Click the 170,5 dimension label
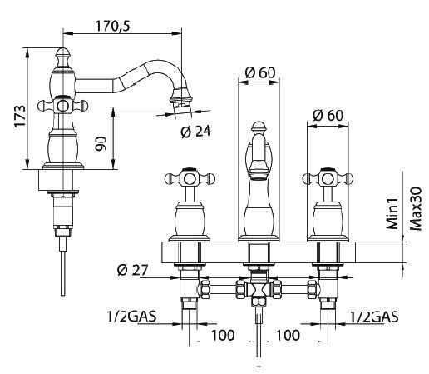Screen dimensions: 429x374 (113, 27)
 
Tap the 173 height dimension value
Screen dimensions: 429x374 (20, 116)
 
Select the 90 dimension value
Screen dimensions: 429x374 (101, 144)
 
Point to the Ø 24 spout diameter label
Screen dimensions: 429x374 (195, 132)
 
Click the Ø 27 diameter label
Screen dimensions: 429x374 (132, 270)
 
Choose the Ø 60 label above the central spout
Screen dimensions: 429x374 (260, 72)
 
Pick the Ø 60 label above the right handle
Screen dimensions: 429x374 (328, 115)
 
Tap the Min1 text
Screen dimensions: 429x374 (392, 213)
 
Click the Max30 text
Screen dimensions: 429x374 (416, 209)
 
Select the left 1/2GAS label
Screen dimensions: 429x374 (132, 316)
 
